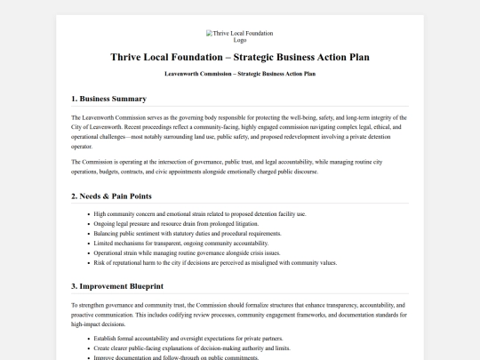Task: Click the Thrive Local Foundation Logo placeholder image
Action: pyautogui.click(x=239, y=36)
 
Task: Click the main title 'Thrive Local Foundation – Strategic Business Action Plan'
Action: pyautogui.click(x=239, y=57)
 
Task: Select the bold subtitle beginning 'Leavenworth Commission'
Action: pyautogui.click(x=239, y=74)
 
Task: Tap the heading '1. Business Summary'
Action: pyautogui.click(x=108, y=98)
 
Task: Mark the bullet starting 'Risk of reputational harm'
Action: pyautogui.click(x=215, y=263)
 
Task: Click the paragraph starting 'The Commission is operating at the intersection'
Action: pyautogui.click(x=239, y=166)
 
